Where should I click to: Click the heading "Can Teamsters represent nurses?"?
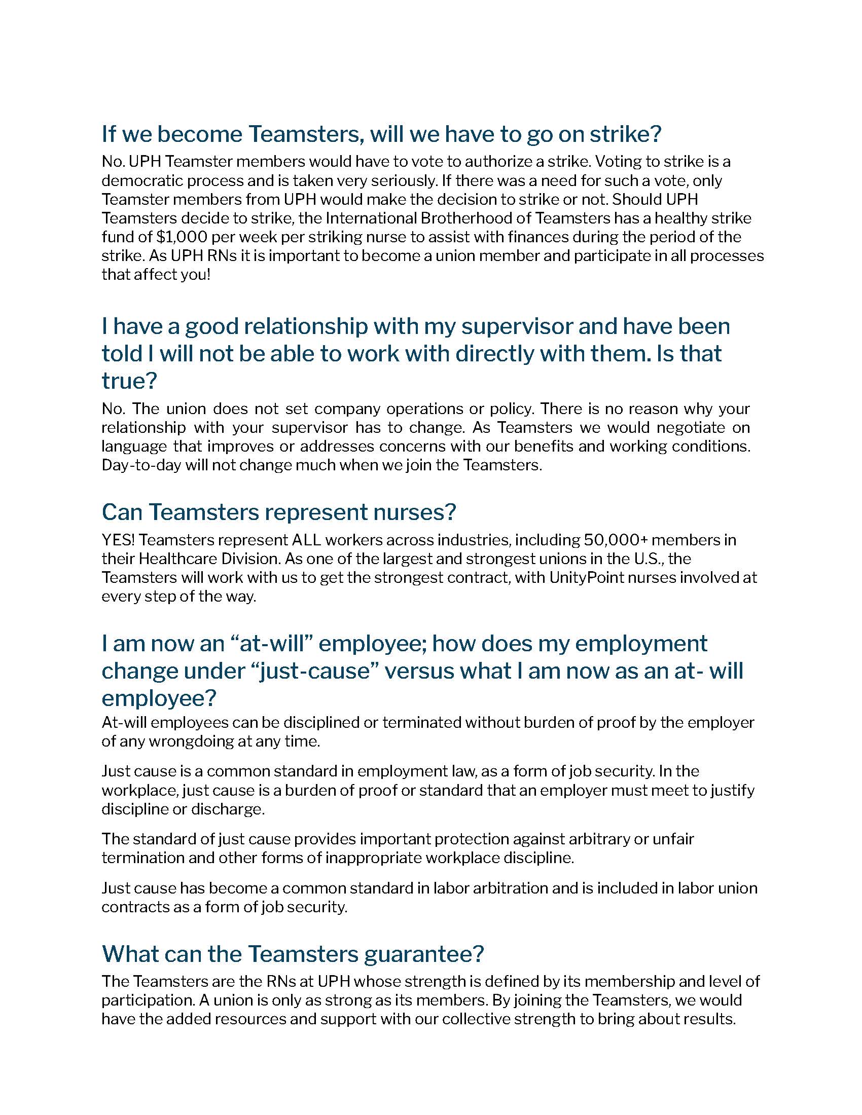tap(278, 512)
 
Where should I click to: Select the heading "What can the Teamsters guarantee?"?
tap(293, 953)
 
